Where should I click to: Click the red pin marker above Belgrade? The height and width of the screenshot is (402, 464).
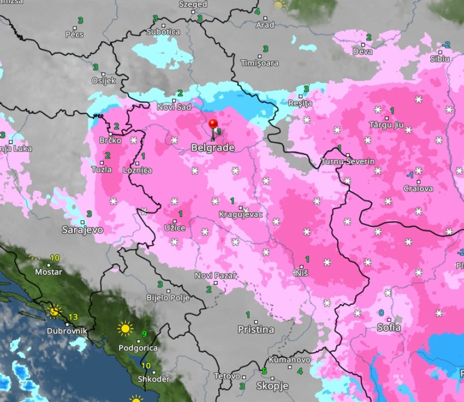pos(213,125)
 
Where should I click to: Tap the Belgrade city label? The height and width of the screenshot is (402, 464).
pos(212,148)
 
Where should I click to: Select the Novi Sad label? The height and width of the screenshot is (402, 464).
pos(174,107)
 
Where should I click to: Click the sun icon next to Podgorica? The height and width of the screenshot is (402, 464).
pos(125,329)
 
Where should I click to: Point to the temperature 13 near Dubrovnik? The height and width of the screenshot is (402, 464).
pos(73,317)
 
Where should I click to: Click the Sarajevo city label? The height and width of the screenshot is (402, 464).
pos(82,230)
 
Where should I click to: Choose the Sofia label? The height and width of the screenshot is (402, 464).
pos(389,328)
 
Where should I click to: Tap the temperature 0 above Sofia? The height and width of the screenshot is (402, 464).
pos(381,313)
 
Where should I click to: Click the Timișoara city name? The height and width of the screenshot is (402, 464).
pos(259,63)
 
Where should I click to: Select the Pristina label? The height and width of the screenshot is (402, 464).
pos(255,329)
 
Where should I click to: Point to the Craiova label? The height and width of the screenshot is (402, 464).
pos(418,188)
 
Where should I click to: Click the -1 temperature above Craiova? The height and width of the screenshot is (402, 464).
pos(409,175)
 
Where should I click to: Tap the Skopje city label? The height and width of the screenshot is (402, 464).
pos(272,386)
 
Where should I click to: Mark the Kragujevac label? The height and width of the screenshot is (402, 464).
pos(240,214)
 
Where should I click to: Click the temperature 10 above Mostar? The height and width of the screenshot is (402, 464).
pos(55,258)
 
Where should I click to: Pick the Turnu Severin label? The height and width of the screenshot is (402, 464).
pos(348,162)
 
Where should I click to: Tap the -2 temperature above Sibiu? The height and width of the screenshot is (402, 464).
pos(446,45)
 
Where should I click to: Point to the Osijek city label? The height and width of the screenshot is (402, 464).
pos(104,80)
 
